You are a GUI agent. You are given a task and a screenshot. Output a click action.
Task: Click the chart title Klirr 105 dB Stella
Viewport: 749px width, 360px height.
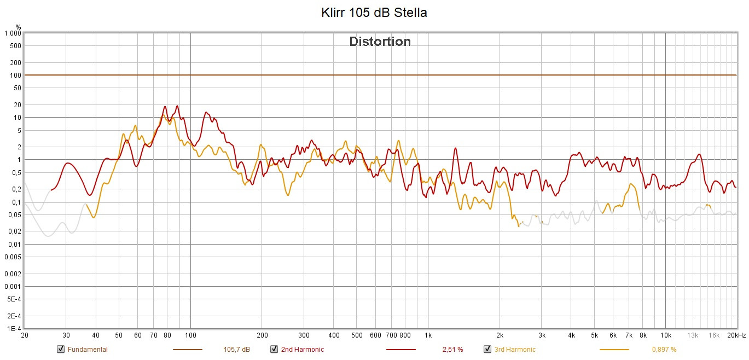coord(374,13)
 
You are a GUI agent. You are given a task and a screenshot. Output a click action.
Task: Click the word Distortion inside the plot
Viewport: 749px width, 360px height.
coord(380,42)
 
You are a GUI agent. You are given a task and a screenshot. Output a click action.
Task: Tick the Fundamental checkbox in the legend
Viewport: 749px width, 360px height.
coord(60,350)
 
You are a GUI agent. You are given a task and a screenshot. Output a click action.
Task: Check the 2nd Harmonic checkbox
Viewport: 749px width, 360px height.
coord(274,350)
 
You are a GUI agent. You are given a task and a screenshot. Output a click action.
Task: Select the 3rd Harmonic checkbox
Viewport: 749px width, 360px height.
coord(487,350)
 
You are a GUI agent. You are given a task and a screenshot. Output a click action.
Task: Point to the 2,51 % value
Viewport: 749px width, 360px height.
coord(452,350)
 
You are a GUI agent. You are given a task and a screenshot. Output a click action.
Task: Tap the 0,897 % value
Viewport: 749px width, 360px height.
coord(664,350)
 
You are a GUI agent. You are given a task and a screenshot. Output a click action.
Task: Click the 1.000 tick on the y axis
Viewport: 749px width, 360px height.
coord(12,33)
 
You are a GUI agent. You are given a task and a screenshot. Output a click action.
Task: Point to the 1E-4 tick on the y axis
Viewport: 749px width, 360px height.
coord(14,329)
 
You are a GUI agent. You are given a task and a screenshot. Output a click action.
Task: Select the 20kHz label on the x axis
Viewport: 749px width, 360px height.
coord(736,335)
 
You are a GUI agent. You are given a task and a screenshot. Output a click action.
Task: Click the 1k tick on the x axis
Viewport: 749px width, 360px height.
coord(428,335)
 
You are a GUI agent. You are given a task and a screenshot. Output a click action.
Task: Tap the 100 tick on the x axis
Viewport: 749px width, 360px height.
coord(190,335)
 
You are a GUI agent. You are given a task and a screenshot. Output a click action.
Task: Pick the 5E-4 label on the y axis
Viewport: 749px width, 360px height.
coord(14,299)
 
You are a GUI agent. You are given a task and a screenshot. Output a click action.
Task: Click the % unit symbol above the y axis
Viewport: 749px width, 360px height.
coord(18,26)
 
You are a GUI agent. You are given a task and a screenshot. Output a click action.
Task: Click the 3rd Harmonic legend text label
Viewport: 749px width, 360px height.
coord(515,350)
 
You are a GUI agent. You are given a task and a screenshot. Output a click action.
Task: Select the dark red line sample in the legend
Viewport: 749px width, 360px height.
coord(400,350)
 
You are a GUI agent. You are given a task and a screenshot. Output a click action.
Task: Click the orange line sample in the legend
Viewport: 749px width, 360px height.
coord(614,350)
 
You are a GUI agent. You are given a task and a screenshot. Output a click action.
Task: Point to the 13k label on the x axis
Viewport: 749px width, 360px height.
coord(693,335)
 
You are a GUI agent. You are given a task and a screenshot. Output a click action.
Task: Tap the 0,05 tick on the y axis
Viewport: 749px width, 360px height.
coord(14,215)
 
